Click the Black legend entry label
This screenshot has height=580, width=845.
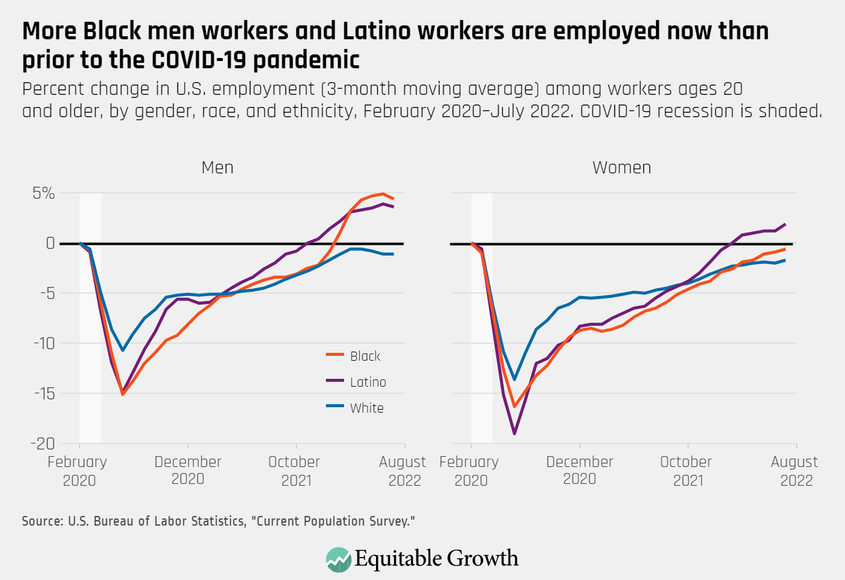[x=365, y=356]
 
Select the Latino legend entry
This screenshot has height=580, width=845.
[x=368, y=382]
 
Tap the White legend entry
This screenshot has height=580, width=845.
[x=366, y=408]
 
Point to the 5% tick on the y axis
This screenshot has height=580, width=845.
[x=43, y=193]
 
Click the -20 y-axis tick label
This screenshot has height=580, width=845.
[x=42, y=443]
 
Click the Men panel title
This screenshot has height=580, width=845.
[x=217, y=167]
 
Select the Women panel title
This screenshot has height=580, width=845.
[x=622, y=167]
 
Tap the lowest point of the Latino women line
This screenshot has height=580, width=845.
[x=514, y=434]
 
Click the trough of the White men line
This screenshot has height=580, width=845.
[x=123, y=350]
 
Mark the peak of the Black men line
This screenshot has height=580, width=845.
[x=383, y=194]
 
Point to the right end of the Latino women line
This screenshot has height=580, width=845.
[x=785, y=224]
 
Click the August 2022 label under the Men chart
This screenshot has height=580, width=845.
[x=403, y=471]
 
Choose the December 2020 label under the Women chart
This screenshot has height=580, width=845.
[x=579, y=471]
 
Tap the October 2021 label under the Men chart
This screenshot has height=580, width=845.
[x=295, y=471]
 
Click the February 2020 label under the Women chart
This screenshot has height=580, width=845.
[x=470, y=471]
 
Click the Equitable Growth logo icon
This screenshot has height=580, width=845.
[x=338, y=559]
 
